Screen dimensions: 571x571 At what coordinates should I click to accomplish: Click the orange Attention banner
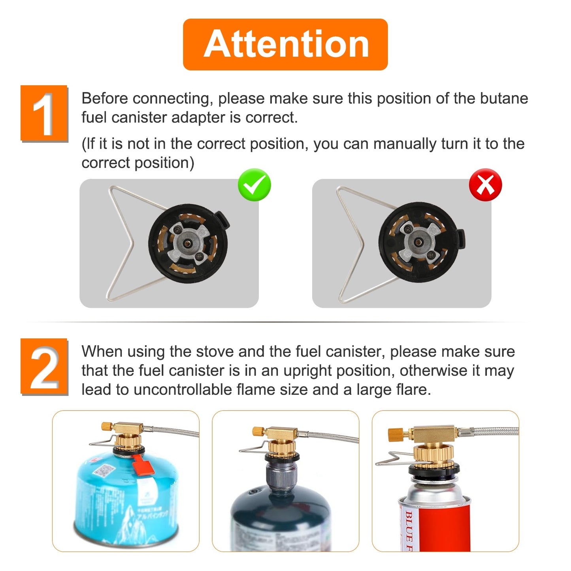click(x=285, y=44)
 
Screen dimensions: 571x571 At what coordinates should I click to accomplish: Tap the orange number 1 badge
click(x=44, y=113)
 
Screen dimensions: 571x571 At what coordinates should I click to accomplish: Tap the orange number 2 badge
click(x=44, y=366)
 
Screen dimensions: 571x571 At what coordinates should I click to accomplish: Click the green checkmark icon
click(x=254, y=185)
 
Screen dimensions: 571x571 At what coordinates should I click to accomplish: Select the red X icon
click(x=485, y=185)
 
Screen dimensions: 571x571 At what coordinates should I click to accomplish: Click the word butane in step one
click(x=504, y=98)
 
